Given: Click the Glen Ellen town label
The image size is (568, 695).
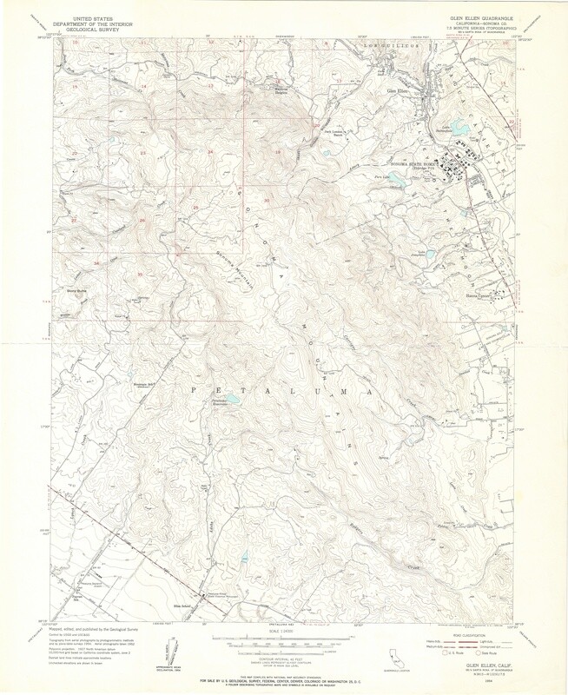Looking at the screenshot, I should pyautogui.click(x=395, y=89).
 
